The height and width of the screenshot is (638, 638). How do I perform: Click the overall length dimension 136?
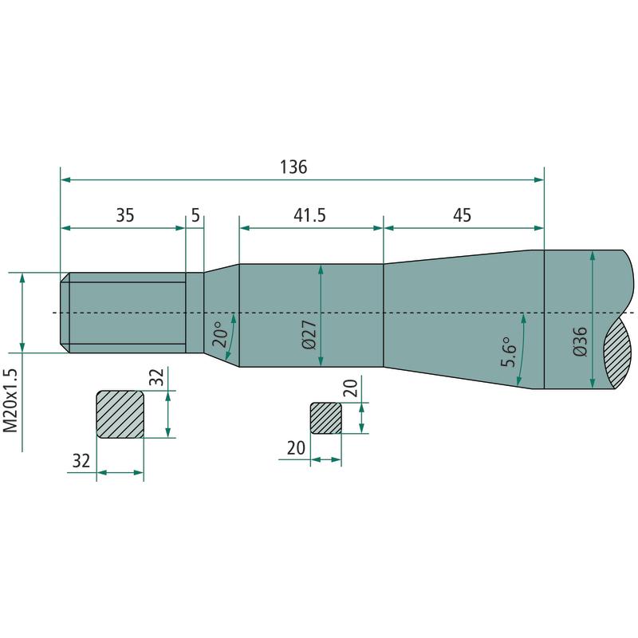[293, 167]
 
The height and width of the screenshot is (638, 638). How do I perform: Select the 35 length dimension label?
[125, 215]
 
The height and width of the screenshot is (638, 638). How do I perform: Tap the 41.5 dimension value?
[309, 215]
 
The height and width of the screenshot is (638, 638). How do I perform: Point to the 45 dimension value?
[462, 215]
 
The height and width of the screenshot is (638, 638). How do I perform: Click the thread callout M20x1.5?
[10, 401]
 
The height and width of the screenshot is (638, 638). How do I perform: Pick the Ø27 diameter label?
[309, 335]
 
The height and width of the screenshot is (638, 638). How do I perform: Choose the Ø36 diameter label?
[580, 341]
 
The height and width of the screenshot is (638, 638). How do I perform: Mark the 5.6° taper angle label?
[508, 352]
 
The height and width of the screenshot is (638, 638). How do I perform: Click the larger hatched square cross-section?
[120, 414]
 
